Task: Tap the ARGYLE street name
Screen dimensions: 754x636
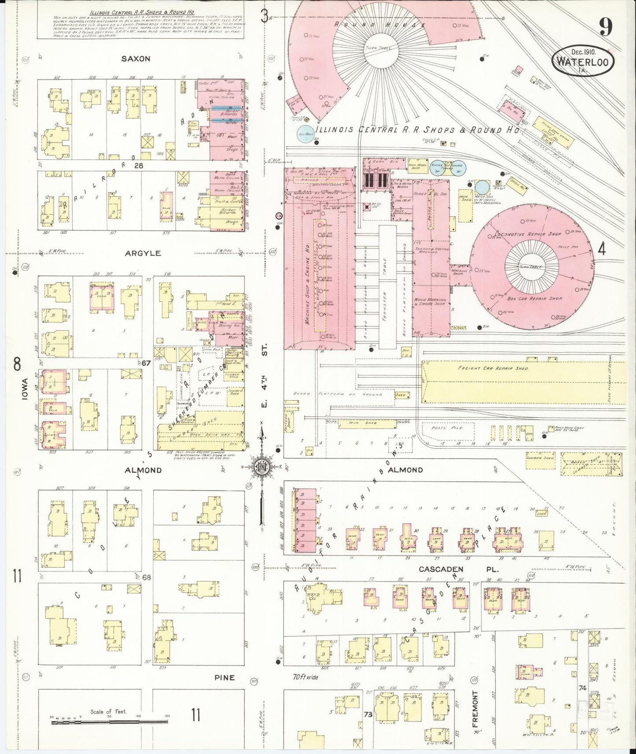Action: point(148,253)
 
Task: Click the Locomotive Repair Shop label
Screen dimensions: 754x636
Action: point(528,234)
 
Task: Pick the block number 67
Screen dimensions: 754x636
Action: point(147,363)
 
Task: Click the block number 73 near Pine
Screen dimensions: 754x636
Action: point(368,714)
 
